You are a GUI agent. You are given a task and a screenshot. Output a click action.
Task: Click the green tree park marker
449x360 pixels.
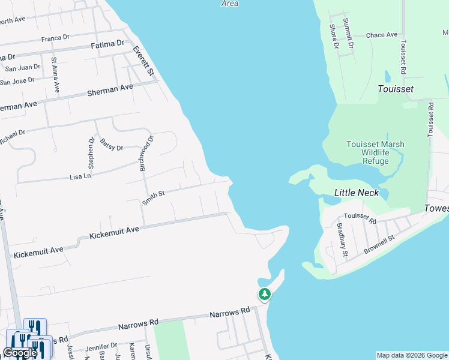(265, 294)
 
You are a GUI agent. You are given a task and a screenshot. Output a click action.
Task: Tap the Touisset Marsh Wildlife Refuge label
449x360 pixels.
(375, 152)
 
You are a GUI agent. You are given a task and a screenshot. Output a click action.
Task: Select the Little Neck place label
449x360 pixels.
(357, 193)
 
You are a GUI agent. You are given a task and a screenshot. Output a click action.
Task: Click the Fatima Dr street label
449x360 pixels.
(107, 44)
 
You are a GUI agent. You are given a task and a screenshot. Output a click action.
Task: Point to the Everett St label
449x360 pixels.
(144, 61)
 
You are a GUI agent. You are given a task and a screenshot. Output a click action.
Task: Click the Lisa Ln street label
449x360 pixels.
(80, 176)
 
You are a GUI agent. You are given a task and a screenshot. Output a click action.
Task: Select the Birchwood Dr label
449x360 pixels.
(147, 154)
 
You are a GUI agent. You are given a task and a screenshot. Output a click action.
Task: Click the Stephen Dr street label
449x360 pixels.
(91, 154)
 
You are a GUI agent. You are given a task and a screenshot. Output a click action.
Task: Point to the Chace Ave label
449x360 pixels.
(382, 35)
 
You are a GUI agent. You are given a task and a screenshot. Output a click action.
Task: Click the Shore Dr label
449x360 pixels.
(333, 36)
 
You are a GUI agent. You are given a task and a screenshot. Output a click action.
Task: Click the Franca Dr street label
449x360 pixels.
(56, 38)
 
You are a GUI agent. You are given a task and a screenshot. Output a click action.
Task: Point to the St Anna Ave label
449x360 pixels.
(55, 74)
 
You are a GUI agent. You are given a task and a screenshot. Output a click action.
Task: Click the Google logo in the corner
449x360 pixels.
(20, 352)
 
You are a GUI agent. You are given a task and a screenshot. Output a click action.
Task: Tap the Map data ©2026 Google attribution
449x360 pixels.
(411, 355)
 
